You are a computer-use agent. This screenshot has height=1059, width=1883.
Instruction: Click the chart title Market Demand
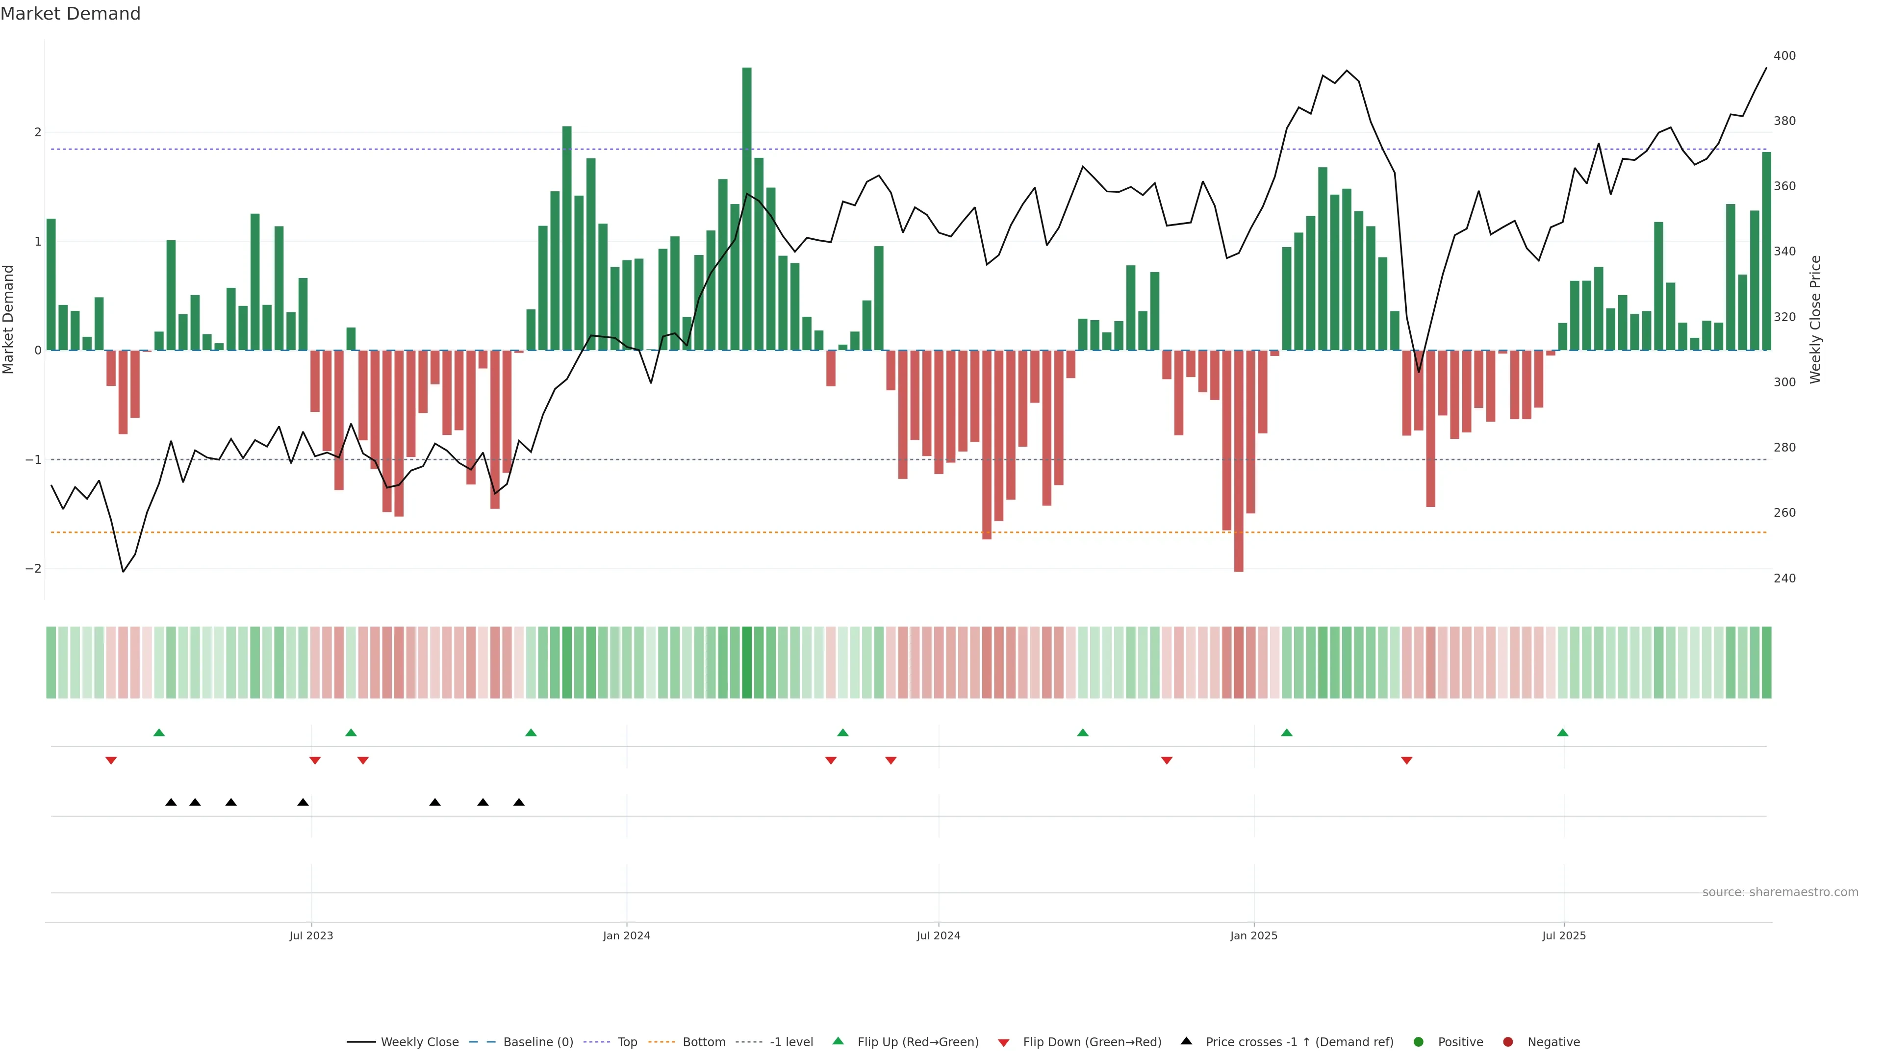[70, 14]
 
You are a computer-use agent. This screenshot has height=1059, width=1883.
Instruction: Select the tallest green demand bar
[746, 208]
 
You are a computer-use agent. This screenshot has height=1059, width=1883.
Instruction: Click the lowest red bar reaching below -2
[1238, 460]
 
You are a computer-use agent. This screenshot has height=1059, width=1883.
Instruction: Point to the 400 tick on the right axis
[1784, 55]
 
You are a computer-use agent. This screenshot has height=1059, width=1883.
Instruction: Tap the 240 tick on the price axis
[1784, 578]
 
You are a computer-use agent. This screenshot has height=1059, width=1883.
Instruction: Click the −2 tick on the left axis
[33, 569]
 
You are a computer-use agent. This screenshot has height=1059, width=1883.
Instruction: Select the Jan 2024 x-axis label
[627, 935]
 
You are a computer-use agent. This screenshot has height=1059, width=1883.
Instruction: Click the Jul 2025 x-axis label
[1564, 935]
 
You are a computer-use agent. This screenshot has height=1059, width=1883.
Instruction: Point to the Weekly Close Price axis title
[1816, 319]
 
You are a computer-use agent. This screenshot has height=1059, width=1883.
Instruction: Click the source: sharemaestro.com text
[1780, 892]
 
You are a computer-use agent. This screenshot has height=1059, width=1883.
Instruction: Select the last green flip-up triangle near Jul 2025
[1562, 732]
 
